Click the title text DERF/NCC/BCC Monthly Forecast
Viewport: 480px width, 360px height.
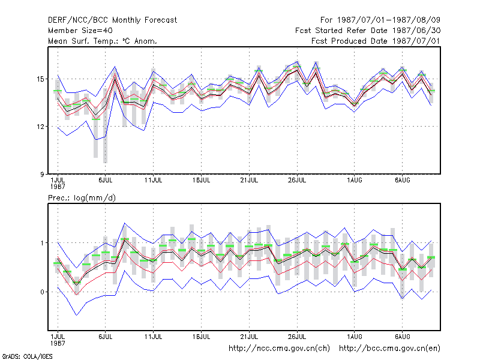[x=112, y=20]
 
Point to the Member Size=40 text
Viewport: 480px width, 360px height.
[x=80, y=31]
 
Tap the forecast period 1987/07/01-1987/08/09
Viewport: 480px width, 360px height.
[x=380, y=20]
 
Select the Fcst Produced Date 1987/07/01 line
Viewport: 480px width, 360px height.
[x=376, y=41]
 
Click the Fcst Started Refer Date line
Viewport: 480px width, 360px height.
[x=368, y=31]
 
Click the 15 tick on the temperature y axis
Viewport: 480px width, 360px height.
[x=40, y=79]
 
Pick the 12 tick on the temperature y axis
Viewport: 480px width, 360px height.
[x=40, y=127]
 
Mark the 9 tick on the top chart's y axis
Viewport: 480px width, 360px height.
[x=42, y=174]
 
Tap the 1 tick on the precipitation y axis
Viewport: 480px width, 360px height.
[x=42, y=243]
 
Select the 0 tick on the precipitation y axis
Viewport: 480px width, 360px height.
[x=42, y=292]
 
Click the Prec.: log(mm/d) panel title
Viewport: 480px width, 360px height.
[x=82, y=198]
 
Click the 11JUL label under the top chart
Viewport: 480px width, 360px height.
[x=154, y=181]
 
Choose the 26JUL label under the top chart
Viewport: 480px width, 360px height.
[x=297, y=181]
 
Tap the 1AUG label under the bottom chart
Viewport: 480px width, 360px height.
[x=355, y=337]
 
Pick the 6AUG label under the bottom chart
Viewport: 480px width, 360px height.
[x=402, y=337]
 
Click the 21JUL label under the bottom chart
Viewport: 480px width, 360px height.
[x=249, y=337]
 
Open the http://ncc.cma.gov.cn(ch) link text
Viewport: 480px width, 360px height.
[x=279, y=349]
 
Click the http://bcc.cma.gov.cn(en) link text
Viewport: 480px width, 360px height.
[x=389, y=349]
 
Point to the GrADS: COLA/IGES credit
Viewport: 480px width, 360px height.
[x=27, y=356]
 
